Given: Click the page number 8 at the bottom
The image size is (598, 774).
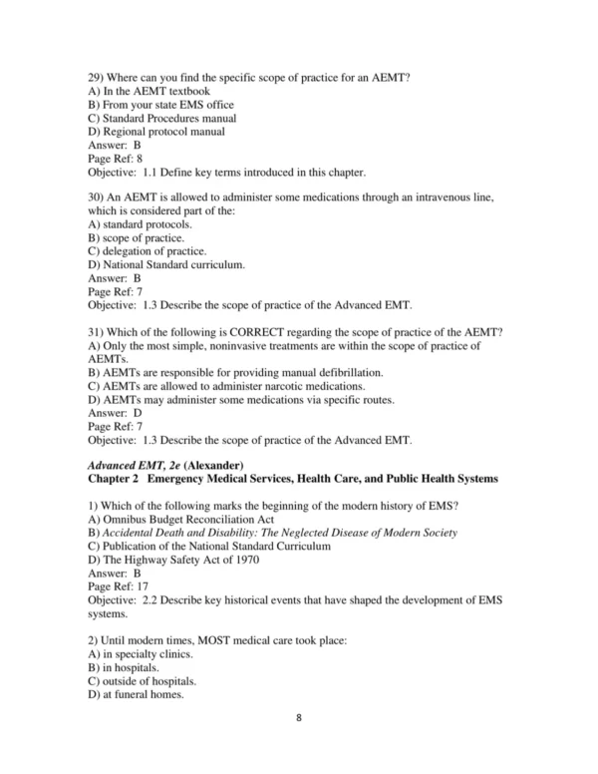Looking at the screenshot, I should point(299,744).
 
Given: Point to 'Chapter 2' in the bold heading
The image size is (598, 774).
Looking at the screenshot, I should point(116,479).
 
